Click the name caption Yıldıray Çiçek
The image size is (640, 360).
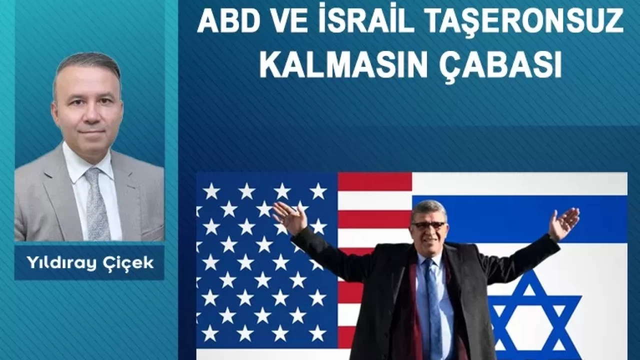[90, 263]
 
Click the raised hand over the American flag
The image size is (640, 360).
[288, 217]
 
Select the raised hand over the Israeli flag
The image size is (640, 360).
[563, 223]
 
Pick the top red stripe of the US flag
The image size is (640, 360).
[374, 181]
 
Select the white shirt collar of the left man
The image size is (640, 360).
[85, 163]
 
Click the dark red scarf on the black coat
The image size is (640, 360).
[413, 308]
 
